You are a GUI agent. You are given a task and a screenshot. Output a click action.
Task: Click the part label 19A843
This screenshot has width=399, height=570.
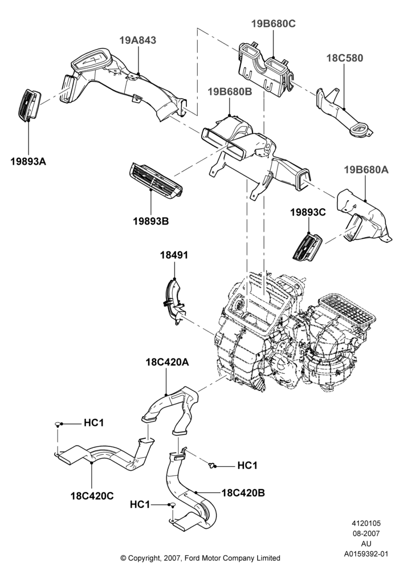(138, 40)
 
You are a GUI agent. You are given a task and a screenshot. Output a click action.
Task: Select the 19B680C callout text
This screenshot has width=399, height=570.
(273, 23)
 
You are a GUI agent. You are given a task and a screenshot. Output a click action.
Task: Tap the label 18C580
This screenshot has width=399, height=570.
(344, 58)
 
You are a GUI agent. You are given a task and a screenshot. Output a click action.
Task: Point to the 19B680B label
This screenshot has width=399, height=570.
(230, 92)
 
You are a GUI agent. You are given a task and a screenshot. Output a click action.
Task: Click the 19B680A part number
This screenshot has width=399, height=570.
(367, 170)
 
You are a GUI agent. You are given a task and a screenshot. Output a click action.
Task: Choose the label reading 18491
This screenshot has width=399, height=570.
(174, 255)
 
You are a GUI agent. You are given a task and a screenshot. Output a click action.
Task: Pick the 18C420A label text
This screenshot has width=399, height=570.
(168, 362)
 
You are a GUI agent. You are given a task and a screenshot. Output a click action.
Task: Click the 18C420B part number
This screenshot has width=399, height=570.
(243, 493)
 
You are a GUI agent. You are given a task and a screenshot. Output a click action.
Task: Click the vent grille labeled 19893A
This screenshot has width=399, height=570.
(30, 105)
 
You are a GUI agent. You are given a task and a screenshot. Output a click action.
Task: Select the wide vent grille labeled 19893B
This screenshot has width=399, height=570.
(156, 181)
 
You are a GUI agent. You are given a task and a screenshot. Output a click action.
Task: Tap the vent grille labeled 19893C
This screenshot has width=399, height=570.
(307, 247)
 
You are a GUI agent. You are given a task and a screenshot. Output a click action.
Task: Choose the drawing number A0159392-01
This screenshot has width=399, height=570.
(367, 555)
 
